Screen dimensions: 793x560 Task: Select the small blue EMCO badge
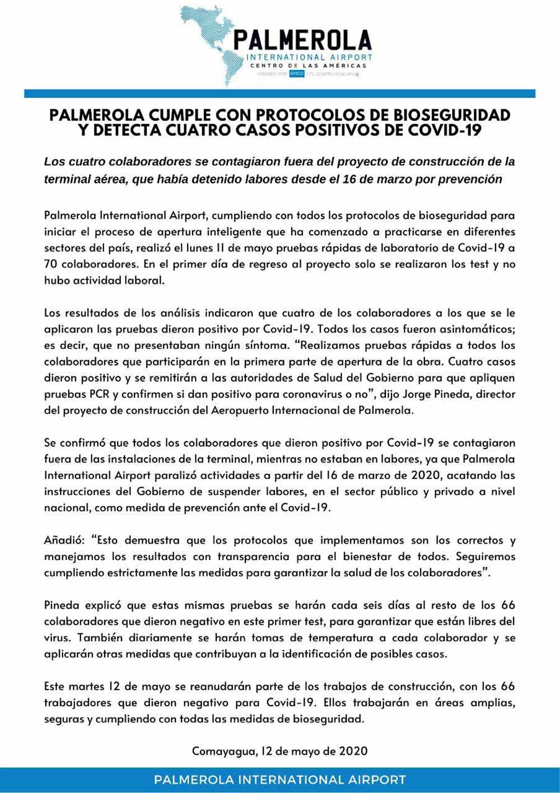[x=297, y=74]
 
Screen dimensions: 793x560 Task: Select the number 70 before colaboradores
[x=52, y=264]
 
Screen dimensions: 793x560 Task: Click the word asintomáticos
[x=475, y=329]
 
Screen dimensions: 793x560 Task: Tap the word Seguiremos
[x=486, y=557]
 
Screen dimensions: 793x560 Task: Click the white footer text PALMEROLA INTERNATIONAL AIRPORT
[x=280, y=780]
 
